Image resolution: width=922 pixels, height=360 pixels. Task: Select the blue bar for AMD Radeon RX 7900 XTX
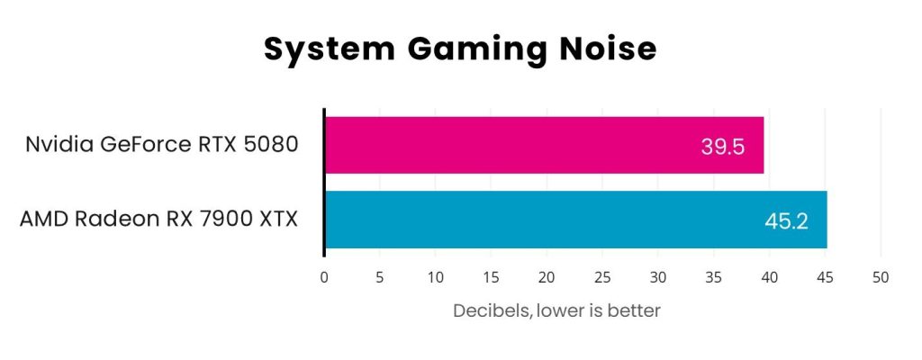[575, 220]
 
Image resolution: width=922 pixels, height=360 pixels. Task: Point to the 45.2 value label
[786, 220]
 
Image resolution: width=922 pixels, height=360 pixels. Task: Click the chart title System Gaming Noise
[460, 49]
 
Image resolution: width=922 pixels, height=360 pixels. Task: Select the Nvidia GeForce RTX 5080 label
[161, 144]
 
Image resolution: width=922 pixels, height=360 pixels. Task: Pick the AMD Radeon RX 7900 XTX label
[158, 219]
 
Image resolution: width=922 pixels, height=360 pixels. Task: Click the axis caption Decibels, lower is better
[556, 310]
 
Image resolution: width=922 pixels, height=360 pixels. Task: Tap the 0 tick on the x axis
[324, 277]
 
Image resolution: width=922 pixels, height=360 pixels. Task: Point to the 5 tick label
[380, 277]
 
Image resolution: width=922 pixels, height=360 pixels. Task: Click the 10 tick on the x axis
[436, 277]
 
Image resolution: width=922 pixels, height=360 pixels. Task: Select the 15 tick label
[492, 277]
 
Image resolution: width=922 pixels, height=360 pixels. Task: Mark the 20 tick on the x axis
[547, 277]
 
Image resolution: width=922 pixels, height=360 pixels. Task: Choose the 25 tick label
[603, 277]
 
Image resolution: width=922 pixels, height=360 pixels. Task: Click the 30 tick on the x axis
[658, 277]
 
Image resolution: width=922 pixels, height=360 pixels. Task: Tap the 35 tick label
[714, 277]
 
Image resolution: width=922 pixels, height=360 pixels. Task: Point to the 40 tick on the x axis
[770, 277]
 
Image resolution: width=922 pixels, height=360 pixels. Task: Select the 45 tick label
[826, 277]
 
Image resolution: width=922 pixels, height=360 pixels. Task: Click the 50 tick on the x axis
[881, 277]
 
